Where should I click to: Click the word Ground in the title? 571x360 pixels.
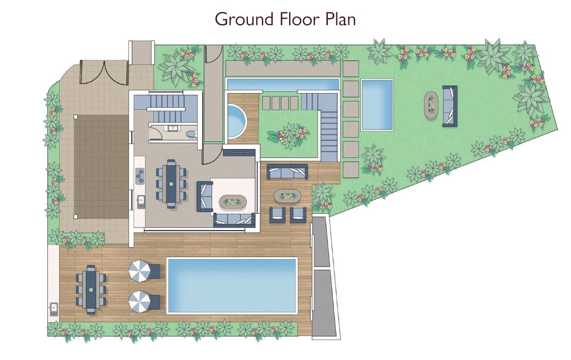[244, 20]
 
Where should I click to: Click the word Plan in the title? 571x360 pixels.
[341, 19]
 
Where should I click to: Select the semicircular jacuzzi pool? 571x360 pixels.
[237, 121]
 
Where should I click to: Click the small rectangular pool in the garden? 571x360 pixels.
[377, 105]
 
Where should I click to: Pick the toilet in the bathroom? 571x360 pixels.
[191, 134]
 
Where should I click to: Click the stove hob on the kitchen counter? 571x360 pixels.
[140, 176]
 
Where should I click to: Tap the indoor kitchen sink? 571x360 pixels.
[141, 201]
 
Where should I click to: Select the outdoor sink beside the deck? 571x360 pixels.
[53, 309]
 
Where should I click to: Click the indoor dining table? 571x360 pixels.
[171, 184]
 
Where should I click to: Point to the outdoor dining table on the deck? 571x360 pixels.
[91, 290]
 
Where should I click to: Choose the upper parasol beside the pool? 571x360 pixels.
[139, 272]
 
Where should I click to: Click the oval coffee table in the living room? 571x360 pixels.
[233, 202]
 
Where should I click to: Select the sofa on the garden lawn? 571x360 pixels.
[450, 106]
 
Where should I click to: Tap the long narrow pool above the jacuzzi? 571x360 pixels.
[283, 84]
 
